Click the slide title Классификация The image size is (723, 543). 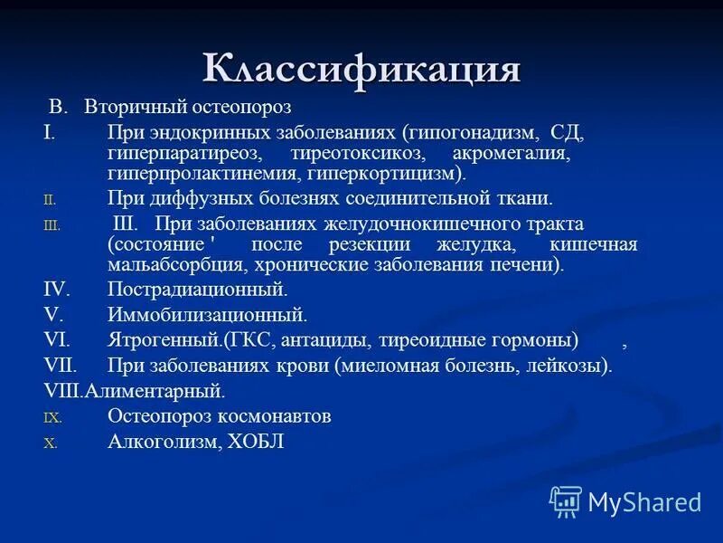(361, 69)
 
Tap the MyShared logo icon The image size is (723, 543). (566, 500)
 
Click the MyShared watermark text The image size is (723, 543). (644, 501)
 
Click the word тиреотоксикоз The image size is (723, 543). (358, 154)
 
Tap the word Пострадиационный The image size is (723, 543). (197, 291)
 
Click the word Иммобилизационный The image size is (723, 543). (207, 316)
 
